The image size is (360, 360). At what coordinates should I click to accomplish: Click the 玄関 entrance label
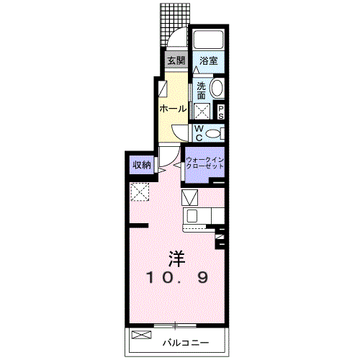(176, 60)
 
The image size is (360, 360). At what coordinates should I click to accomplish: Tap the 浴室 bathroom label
(208, 60)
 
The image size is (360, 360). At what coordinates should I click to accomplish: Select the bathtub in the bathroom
(208, 40)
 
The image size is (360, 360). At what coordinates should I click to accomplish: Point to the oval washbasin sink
(217, 88)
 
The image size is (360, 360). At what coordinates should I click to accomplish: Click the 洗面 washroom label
(201, 91)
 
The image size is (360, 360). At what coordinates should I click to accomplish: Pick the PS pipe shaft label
(221, 112)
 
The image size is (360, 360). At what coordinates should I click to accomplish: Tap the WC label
(199, 133)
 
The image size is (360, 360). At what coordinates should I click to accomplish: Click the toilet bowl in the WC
(213, 133)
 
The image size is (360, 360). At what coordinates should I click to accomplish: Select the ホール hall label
(173, 109)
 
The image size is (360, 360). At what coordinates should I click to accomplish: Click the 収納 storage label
(142, 165)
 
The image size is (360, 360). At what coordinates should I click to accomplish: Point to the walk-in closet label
(204, 163)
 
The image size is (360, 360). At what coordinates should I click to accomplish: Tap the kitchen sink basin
(192, 215)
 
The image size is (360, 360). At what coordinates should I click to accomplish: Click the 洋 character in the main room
(177, 258)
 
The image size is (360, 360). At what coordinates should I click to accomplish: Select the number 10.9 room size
(177, 278)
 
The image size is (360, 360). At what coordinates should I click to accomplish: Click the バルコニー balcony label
(186, 343)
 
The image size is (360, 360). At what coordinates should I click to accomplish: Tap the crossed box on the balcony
(142, 335)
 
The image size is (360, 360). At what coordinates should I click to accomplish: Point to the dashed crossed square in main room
(140, 192)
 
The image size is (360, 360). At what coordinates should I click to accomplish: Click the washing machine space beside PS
(202, 111)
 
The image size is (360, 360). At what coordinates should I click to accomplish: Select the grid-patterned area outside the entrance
(175, 25)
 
